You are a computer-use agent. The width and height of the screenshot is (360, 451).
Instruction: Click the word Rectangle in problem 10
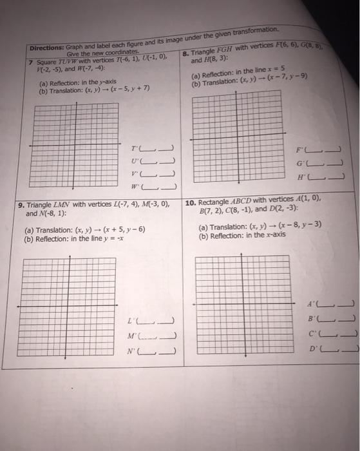click(x=218, y=201)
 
